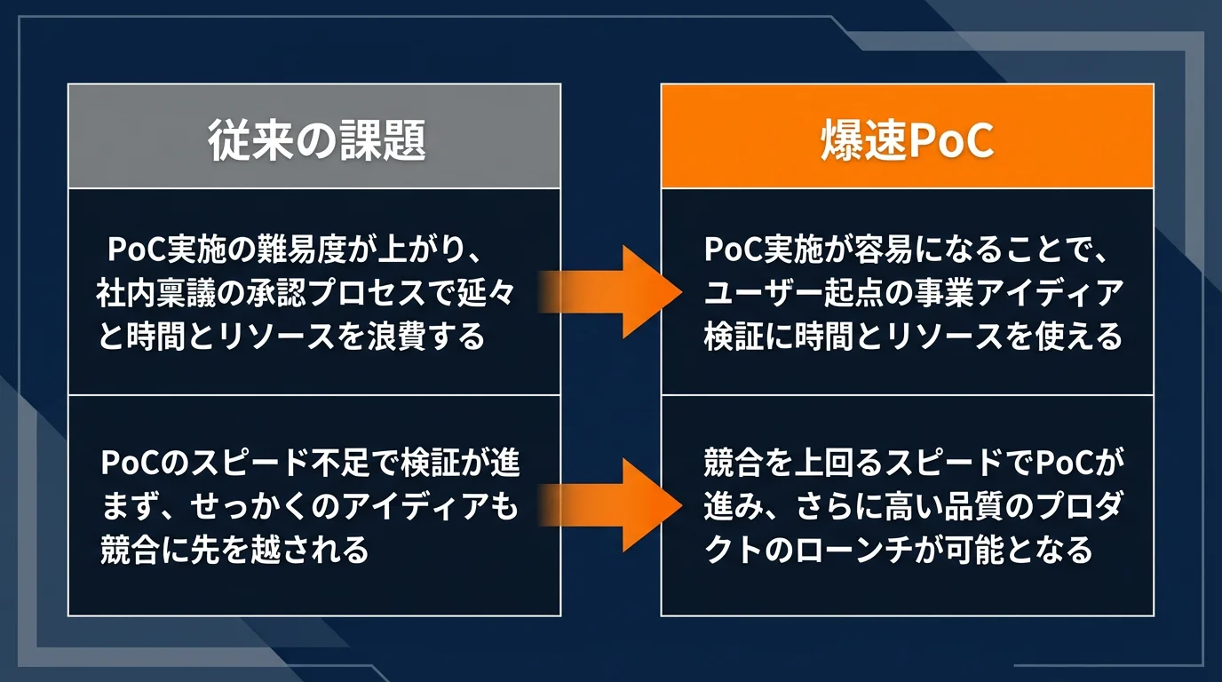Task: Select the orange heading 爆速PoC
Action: (907, 141)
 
